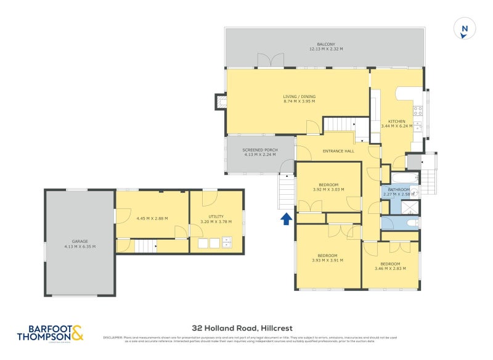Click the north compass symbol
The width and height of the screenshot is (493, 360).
pos(465,29)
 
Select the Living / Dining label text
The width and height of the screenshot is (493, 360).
pos(299,96)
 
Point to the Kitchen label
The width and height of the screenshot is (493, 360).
pos(396,121)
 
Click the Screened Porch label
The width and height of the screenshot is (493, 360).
pos(259,150)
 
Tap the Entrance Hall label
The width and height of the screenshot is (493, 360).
pos(339,151)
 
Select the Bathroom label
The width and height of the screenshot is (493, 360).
pos(399,190)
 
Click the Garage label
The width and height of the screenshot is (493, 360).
pos(79,242)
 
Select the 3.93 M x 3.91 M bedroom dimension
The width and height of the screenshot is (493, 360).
pos(327,260)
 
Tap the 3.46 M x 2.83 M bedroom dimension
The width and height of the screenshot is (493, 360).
pos(391,268)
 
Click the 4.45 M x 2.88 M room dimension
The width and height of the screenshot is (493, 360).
pos(152,218)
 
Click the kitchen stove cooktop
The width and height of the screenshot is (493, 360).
pos(417,111)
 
